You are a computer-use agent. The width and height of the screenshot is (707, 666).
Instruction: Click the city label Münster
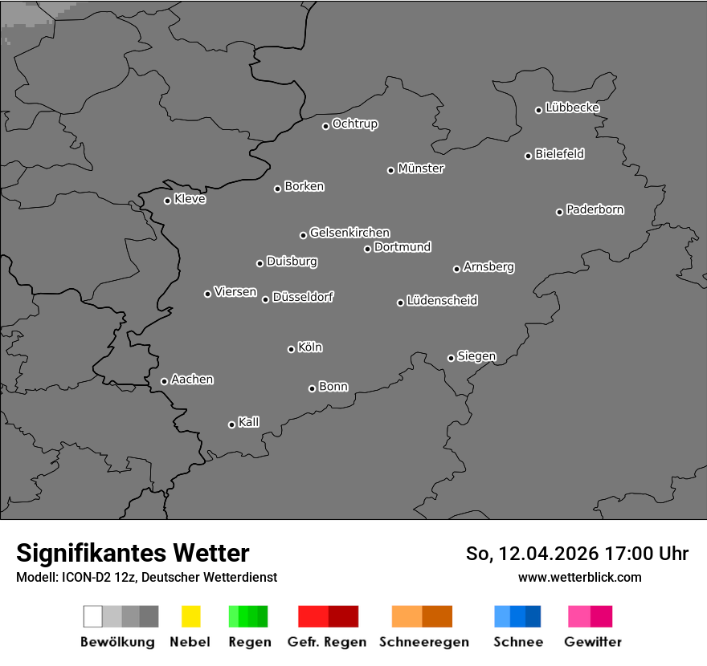(421, 169)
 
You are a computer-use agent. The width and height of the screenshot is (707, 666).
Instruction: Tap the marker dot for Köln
(291, 349)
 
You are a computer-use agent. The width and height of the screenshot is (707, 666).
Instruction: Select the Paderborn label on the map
(595, 209)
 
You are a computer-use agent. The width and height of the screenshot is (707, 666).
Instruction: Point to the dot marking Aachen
(164, 381)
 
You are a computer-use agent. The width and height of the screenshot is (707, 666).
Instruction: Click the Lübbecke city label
(572, 108)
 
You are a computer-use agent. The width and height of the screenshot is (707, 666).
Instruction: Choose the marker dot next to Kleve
(167, 201)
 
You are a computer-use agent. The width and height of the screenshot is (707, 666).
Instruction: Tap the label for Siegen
(476, 356)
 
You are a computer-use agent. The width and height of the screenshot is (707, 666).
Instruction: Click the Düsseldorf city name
(303, 297)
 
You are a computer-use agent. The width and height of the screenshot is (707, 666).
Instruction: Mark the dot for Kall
(231, 424)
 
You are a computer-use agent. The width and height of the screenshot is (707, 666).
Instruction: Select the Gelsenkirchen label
(349, 233)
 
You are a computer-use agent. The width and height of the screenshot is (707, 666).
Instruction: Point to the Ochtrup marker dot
(325, 126)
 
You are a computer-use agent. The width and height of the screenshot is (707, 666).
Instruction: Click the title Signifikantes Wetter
(133, 553)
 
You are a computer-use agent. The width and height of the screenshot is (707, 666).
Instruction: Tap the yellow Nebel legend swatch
(190, 616)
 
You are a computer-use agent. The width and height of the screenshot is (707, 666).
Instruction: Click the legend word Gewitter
(592, 642)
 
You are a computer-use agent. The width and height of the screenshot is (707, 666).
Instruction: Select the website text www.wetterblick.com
(579, 577)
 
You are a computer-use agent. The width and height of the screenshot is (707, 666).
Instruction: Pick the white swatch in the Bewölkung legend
(92, 616)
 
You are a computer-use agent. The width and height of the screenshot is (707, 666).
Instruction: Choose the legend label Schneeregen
(423, 642)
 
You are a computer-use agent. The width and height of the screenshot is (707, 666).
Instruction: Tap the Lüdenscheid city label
(442, 301)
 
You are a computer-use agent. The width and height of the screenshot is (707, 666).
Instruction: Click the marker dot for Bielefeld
(528, 156)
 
